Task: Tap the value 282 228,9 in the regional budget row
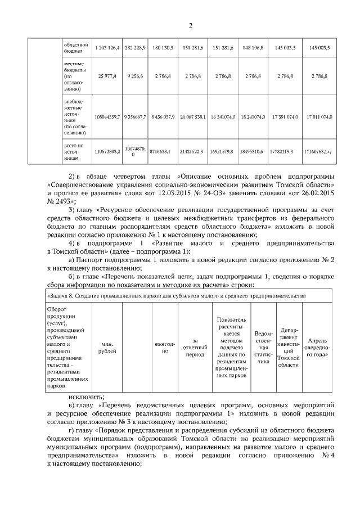point(135,48)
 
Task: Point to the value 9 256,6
point(135,75)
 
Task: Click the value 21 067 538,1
point(193,115)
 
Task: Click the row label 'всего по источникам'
point(73,152)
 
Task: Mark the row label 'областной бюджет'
point(74,48)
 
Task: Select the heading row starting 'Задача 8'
point(175,295)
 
